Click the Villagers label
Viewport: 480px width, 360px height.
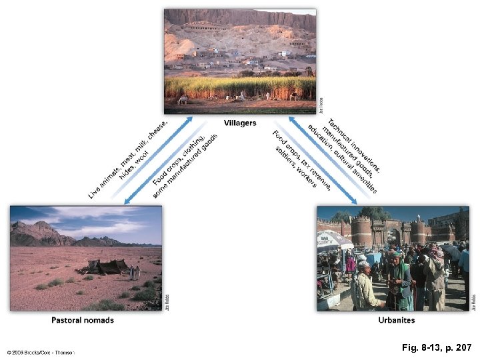pos(240,123)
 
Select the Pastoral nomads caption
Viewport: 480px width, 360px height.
pos(83,320)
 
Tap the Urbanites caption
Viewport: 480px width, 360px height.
pos(396,320)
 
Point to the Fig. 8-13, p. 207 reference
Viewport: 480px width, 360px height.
pos(437,348)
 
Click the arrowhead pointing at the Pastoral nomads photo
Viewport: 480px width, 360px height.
pos(127,200)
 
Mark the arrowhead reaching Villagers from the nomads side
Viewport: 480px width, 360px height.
pos(189,119)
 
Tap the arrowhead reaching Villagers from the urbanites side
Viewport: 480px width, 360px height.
pos(291,119)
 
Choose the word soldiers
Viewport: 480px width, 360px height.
pos(285,155)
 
